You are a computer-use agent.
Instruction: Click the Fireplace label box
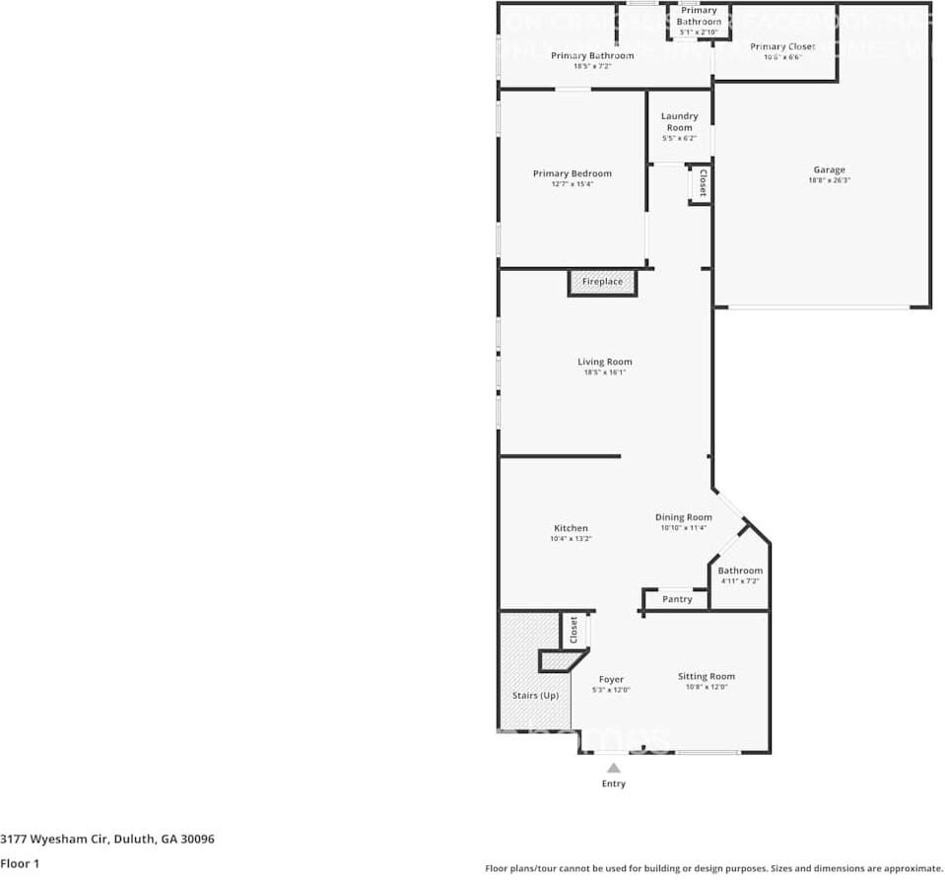(x=602, y=282)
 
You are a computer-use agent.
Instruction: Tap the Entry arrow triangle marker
(x=613, y=768)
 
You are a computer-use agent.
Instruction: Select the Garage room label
(x=829, y=169)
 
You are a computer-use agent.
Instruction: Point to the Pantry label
(x=677, y=599)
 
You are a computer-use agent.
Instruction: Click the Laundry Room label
(x=679, y=121)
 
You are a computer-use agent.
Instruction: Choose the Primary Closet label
(x=782, y=46)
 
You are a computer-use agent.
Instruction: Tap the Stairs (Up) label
(x=535, y=696)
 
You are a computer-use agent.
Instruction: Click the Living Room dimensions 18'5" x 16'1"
(x=604, y=372)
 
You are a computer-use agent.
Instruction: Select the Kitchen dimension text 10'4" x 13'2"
(x=571, y=539)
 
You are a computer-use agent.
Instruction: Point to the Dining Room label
(x=684, y=517)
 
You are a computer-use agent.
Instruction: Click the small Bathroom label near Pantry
(x=740, y=571)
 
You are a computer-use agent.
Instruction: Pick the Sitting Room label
(x=707, y=676)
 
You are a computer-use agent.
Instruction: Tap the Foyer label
(x=611, y=679)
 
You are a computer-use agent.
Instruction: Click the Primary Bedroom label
(x=572, y=173)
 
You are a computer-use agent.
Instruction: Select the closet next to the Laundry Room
(x=702, y=184)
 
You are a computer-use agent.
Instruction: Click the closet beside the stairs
(x=574, y=631)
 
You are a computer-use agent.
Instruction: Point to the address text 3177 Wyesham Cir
(x=107, y=840)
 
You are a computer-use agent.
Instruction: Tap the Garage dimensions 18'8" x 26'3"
(x=829, y=180)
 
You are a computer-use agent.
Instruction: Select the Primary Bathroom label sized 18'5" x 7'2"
(x=592, y=56)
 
